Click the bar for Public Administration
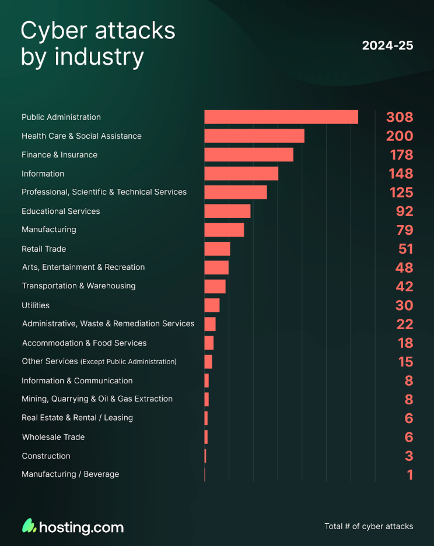[281, 117]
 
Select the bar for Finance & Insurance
[249, 154]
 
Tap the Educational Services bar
[227, 211]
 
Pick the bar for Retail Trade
[217, 249]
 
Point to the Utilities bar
[212, 305]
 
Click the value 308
[399, 117]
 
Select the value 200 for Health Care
[399, 136]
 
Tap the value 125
[401, 192]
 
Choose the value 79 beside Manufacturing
[404, 230]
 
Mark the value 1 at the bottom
[410, 475]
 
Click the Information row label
[43, 174]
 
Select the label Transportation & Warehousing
[78, 286]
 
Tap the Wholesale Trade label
[53, 437]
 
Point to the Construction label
[46, 456]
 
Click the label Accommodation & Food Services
[84, 343]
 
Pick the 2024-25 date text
[387, 45]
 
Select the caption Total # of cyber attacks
[369, 526]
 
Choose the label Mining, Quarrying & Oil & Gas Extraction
[97, 399]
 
